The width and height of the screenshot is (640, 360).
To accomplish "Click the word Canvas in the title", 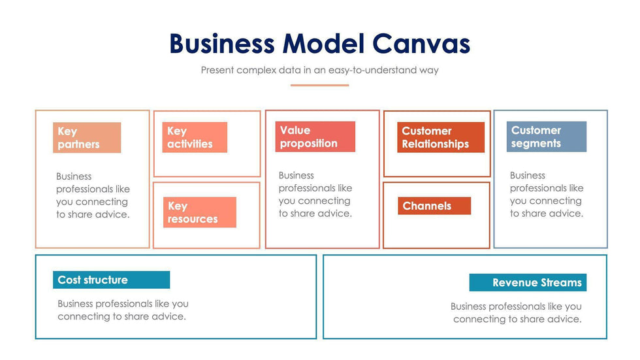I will pos(421,44).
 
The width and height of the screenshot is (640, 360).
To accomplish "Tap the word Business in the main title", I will pos(221,44).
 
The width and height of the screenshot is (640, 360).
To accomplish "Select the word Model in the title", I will pos(323,44).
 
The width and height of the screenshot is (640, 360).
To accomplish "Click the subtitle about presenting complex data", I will pos(319,70).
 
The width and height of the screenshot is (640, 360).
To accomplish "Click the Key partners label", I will pos(86,138).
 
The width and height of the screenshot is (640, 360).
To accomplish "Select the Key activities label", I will pos(194,137).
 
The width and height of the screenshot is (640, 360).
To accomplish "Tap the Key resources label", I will pos(199,212).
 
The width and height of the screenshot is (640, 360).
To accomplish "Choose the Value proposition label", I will pos(315,137).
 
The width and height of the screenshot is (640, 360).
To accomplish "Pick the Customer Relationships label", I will pos(440,137).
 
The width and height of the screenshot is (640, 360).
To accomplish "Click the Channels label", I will pos(434,206).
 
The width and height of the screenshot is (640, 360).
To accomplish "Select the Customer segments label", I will pos(546,137).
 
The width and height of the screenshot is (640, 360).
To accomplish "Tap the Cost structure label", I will pos(110,280).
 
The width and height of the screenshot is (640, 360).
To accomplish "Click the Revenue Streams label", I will pos(528,283).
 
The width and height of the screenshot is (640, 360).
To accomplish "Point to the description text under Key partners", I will pos(93,195).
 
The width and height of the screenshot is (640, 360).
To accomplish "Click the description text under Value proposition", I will pos(315,194).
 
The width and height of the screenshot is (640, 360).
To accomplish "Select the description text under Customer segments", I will pos(547,194).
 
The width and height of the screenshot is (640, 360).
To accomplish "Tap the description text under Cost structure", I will pos(123,310).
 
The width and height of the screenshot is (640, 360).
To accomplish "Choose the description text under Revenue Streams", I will pos(516,312).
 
